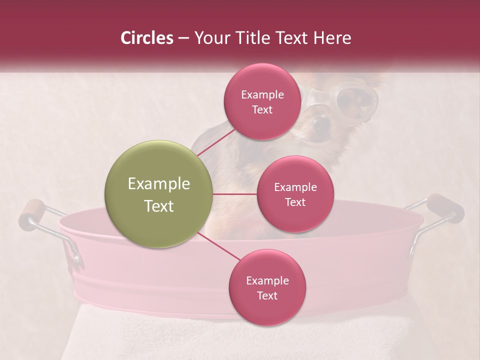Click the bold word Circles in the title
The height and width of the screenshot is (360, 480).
146,38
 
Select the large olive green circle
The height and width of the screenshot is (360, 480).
159,194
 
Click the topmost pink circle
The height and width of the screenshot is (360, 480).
262,101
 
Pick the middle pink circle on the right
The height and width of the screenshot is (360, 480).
295,194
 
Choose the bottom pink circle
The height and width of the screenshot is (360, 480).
267,287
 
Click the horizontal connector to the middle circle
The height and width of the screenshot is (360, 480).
235,194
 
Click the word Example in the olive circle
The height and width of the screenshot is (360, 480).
159,184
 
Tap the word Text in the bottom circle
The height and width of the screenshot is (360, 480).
267,295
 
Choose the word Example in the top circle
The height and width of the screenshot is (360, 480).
262,94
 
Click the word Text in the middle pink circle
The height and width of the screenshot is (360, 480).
295,202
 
